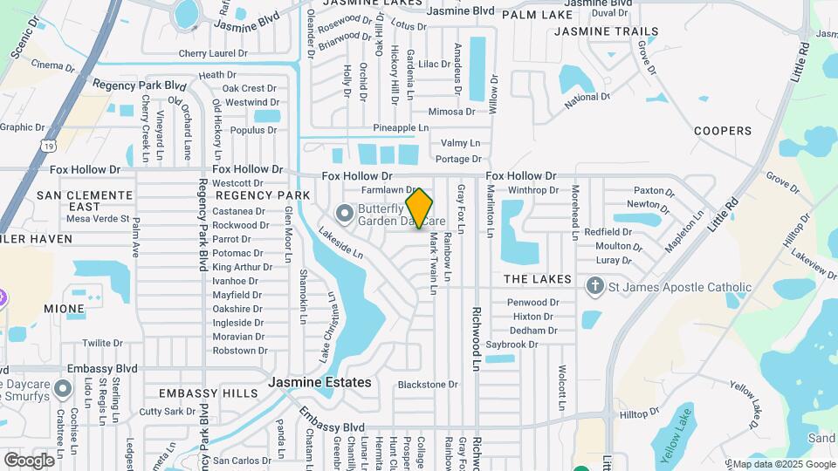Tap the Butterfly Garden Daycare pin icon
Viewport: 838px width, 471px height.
tap(345, 212)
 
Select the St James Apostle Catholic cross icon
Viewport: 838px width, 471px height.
tap(594, 286)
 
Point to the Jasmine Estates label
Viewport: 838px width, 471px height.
tap(319, 382)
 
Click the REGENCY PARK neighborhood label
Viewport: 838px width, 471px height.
tap(258, 195)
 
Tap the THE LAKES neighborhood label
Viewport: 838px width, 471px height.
tap(537, 279)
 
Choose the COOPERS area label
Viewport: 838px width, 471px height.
tap(722, 131)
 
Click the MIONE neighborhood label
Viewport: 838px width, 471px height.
tap(64, 309)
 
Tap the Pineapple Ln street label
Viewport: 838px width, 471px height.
tap(401, 127)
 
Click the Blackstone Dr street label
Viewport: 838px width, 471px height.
tap(427, 384)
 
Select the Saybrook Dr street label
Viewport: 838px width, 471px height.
tap(512, 345)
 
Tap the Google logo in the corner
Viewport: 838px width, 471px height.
tap(29, 460)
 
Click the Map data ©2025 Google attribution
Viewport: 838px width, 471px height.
tap(783, 464)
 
